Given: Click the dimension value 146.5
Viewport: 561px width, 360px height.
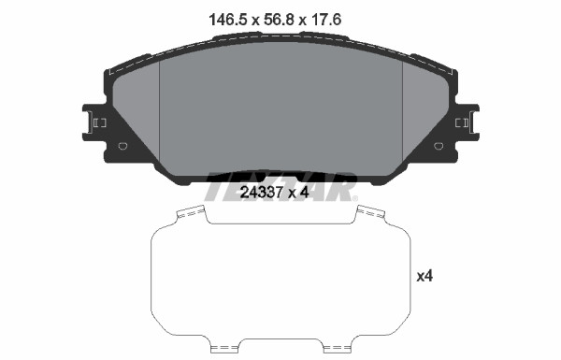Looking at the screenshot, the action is point(228,20).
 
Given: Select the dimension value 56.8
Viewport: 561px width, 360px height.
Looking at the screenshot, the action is point(279,20).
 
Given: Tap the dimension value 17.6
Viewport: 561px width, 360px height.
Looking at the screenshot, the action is point(326,20).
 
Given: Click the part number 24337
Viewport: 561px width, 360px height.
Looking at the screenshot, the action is point(262,193).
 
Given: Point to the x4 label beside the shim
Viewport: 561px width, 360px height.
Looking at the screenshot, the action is point(424,276).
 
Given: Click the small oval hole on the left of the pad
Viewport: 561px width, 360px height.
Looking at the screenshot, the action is point(122,146).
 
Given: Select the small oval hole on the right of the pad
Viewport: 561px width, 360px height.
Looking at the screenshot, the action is point(439,146).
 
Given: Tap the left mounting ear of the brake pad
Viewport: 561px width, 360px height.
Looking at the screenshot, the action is point(93,122).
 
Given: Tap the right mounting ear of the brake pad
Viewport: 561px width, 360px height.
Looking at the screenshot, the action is point(467,122).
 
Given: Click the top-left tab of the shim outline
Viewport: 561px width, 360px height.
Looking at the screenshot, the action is point(192,212).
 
